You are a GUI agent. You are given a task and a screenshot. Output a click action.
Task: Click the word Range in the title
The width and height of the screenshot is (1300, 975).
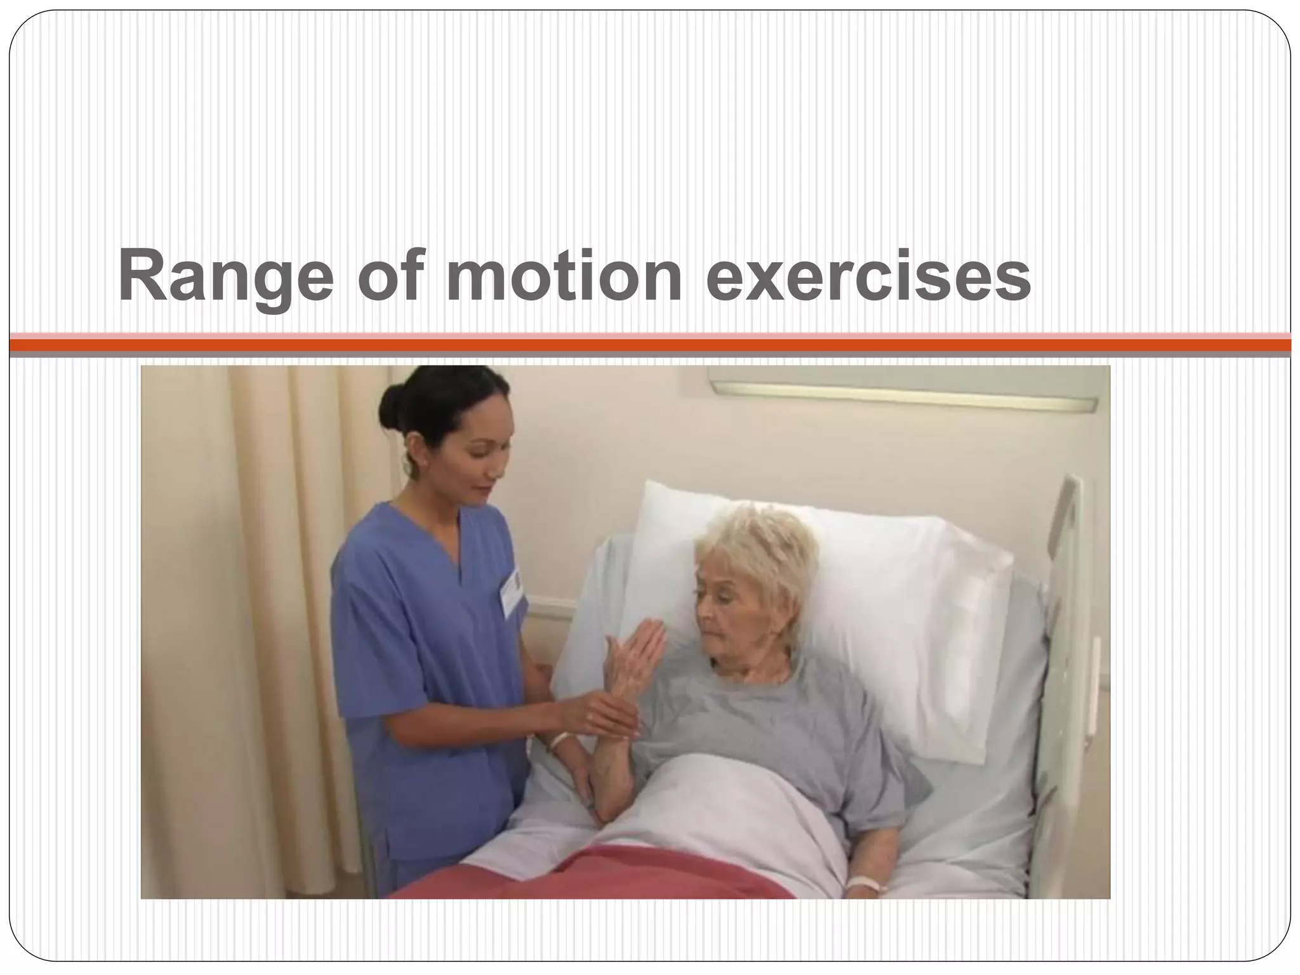coord(225,277)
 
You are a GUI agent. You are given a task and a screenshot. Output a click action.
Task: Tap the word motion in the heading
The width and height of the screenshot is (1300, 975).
coord(564,277)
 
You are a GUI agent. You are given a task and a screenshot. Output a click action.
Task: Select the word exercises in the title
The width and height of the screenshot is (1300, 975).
coord(868,277)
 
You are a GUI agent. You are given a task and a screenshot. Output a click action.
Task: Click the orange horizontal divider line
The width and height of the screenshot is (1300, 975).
coord(650,345)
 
